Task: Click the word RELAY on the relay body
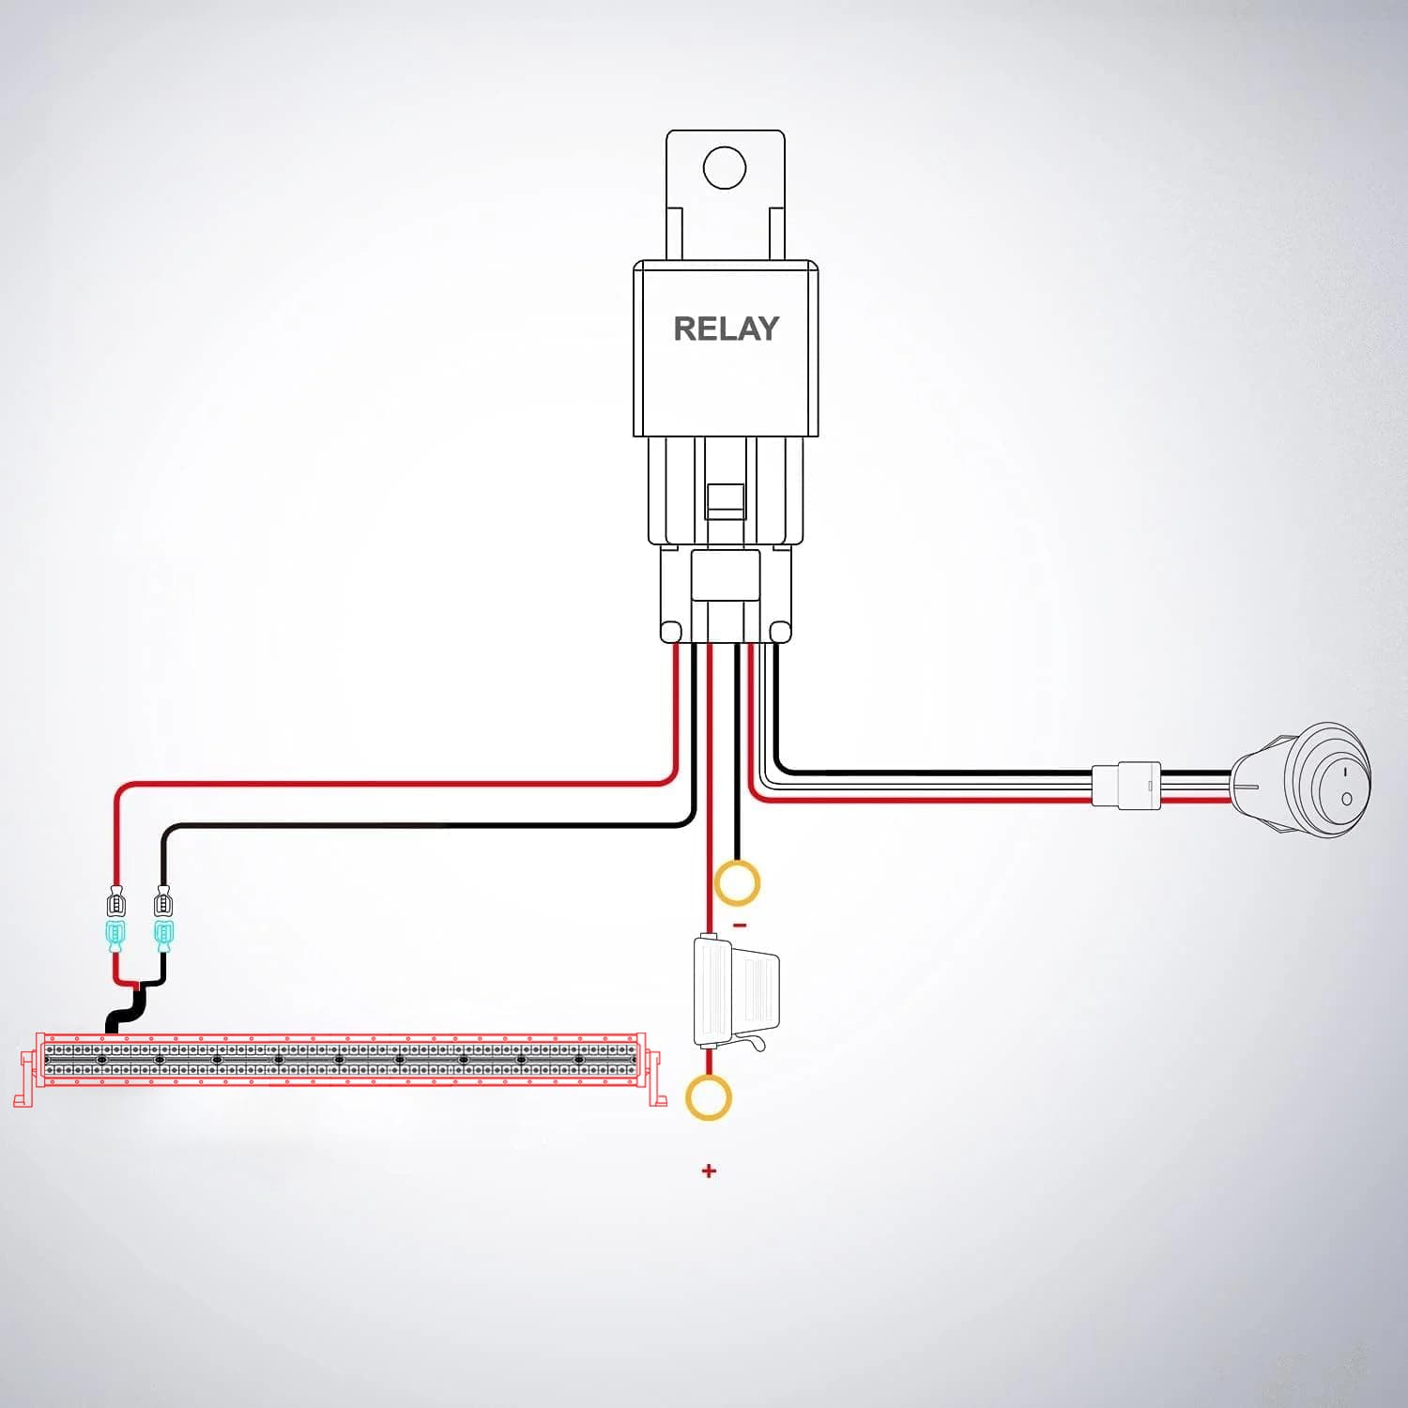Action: click(727, 329)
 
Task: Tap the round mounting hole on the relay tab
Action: click(725, 168)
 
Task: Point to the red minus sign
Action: click(740, 926)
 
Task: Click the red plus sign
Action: click(709, 1171)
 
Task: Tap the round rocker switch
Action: click(1301, 777)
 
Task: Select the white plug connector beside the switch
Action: click(1125, 785)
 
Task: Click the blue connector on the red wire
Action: click(115, 935)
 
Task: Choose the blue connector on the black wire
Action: click(163, 935)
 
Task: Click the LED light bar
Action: click(340, 1061)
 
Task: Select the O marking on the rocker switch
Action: click(1347, 799)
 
